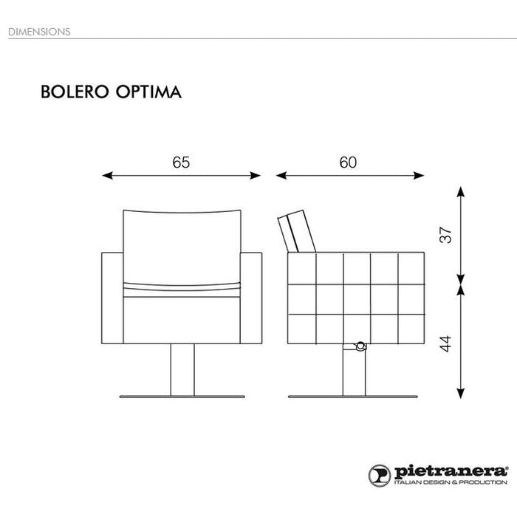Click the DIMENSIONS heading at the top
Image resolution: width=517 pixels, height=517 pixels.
point(39,32)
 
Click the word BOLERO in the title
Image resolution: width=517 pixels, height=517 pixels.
point(75,92)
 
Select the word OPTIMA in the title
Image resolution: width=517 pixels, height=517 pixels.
point(148,92)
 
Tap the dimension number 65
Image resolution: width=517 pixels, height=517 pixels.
point(181,162)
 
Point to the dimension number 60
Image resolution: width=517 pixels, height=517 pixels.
point(348,162)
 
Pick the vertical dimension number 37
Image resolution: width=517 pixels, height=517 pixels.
point(445,235)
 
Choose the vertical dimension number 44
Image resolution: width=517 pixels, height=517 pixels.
point(445,344)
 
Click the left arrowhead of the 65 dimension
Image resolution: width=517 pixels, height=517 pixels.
point(108,176)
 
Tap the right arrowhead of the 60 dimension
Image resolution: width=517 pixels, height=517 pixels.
point(419,176)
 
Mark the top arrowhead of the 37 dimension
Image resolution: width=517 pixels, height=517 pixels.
point(461,192)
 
